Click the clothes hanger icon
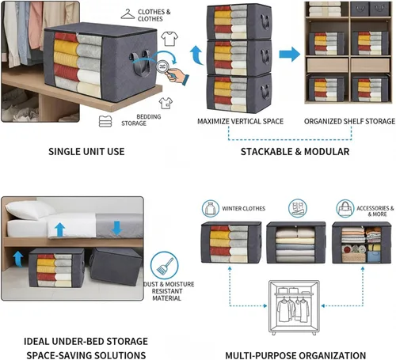point(128,14)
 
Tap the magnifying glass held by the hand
point(163,67)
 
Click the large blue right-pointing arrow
point(290,54)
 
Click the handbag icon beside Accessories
point(345,208)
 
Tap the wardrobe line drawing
point(294,308)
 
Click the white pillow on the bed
point(29,210)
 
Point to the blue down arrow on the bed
point(116,228)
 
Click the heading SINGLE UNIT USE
point(86,152)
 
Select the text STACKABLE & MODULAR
point(295,152)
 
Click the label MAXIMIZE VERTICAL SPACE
point(240,121)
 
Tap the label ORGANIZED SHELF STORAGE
point(349,121)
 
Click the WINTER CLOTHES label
point(243,209)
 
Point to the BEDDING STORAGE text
point(141,120)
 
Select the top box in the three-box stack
point(239,21)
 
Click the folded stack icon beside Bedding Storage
point(105,121)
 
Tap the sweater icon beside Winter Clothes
point(211,209)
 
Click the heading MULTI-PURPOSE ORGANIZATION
point(295,355)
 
